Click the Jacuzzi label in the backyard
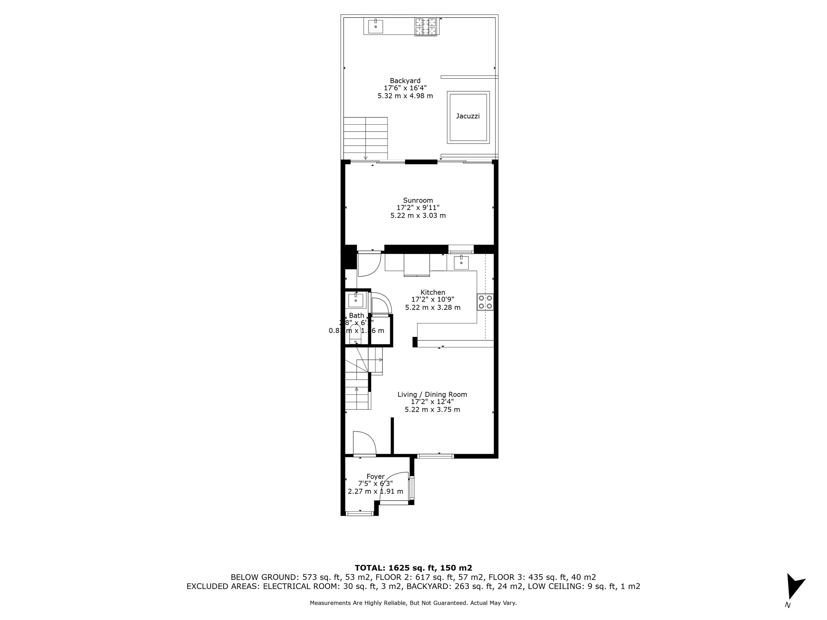point(468,116)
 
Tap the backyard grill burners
point(425,26)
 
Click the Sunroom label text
point(418,200)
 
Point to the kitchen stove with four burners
point(485,302)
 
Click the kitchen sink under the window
point(461,263)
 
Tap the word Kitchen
point(433,292)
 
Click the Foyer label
point(375,476)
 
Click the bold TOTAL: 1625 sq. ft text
point(413,568)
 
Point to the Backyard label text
point(405,81)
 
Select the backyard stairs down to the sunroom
point(365,138)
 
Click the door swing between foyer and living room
point(365,443)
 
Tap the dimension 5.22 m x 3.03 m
point(418,216)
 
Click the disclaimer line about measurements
point(413,603)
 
